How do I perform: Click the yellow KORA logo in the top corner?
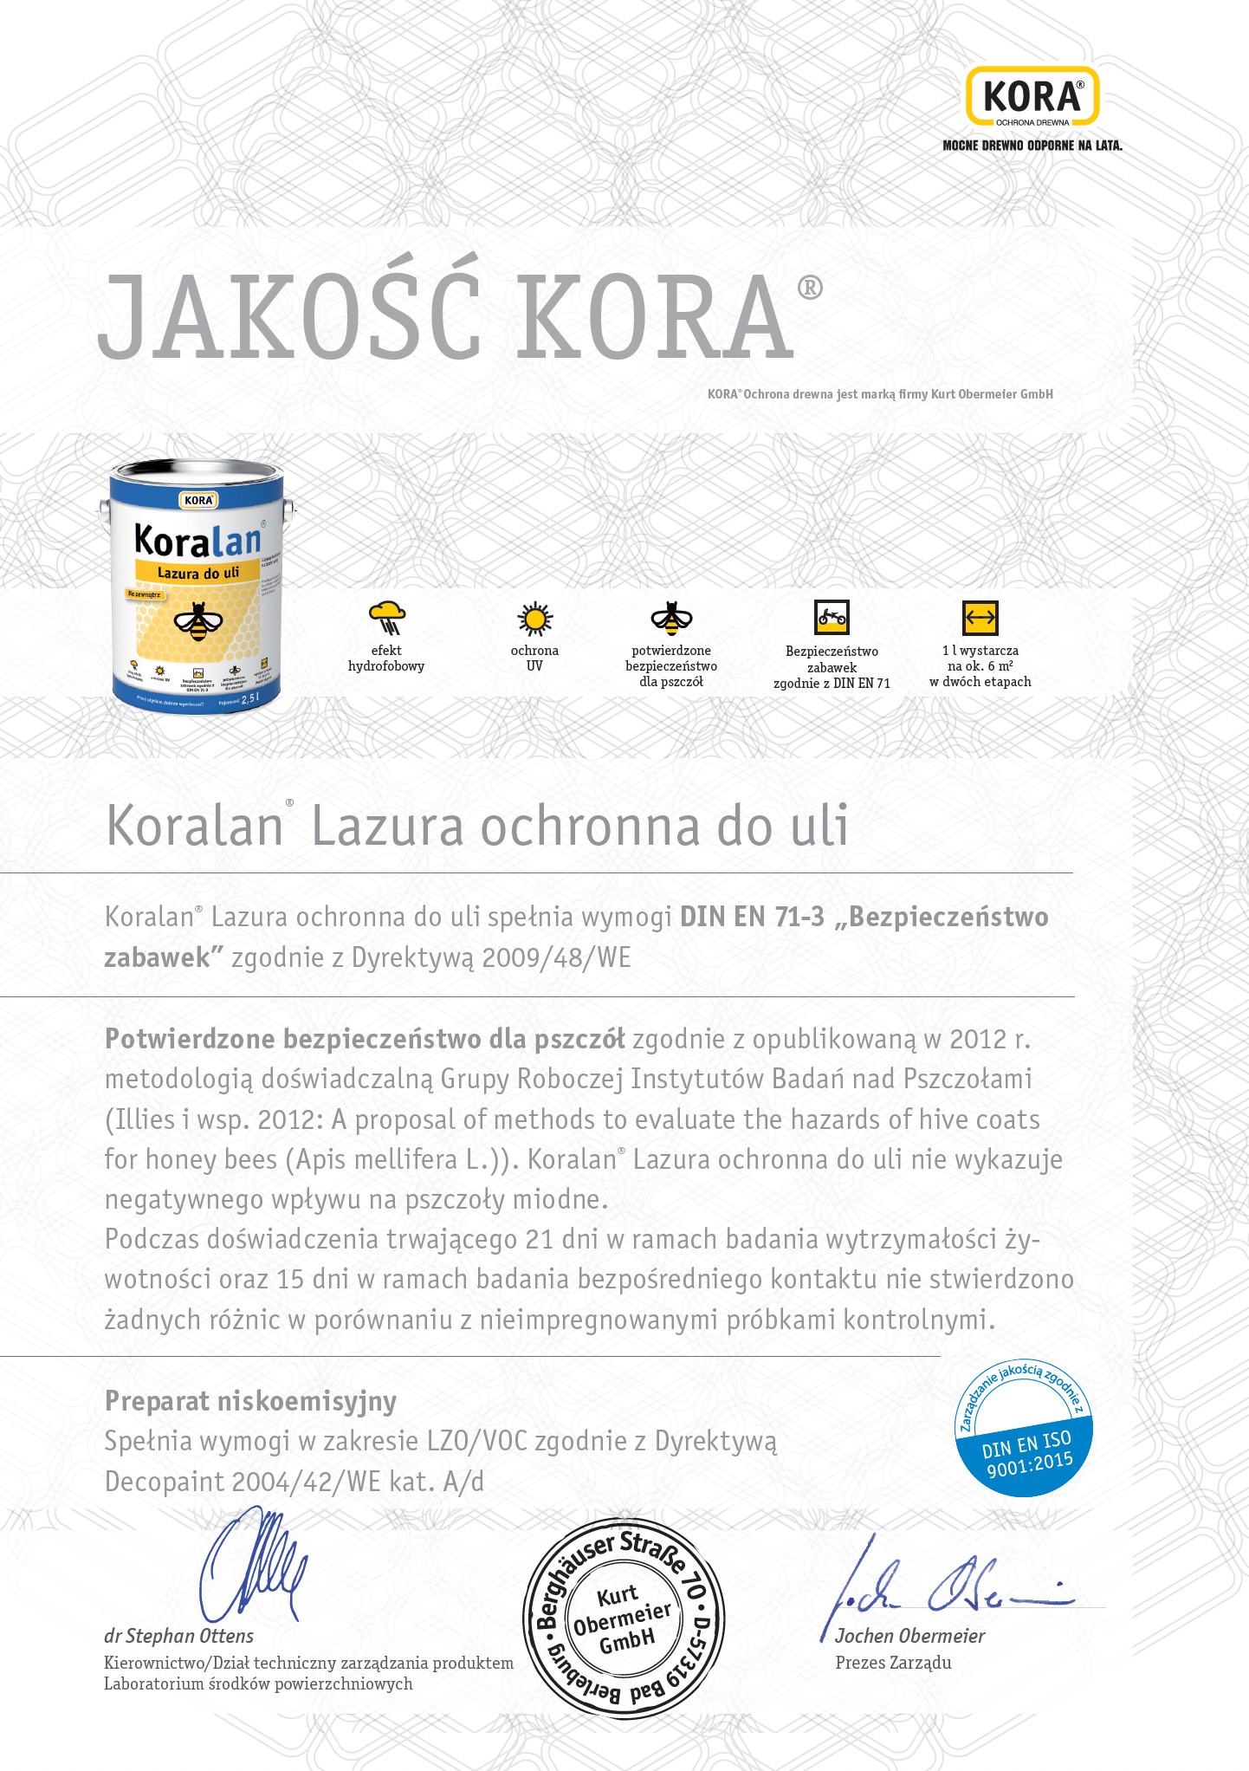(1032, 97)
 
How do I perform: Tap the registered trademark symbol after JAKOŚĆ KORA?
(810, 288)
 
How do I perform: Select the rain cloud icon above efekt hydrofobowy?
(387, 618)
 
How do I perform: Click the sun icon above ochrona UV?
(534, 619)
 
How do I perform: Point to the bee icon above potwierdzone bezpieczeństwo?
(671, 618)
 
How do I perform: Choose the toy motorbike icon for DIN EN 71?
(832, 618)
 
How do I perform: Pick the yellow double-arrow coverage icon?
(980, 619)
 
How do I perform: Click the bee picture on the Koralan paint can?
(198, 621)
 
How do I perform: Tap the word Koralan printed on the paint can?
(197, 541)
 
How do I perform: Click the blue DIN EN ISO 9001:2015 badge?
(1024, 1428)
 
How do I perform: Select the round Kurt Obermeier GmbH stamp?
(624, 1619)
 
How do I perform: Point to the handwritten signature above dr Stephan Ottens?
(254, 1567)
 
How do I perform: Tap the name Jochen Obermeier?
(909, 1636)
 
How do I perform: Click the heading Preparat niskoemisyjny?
(250, 1401)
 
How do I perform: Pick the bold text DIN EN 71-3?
(752, 917)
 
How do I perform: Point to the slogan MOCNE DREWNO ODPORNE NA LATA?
(1032, 146)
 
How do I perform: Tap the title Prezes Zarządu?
(893, 1663)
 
